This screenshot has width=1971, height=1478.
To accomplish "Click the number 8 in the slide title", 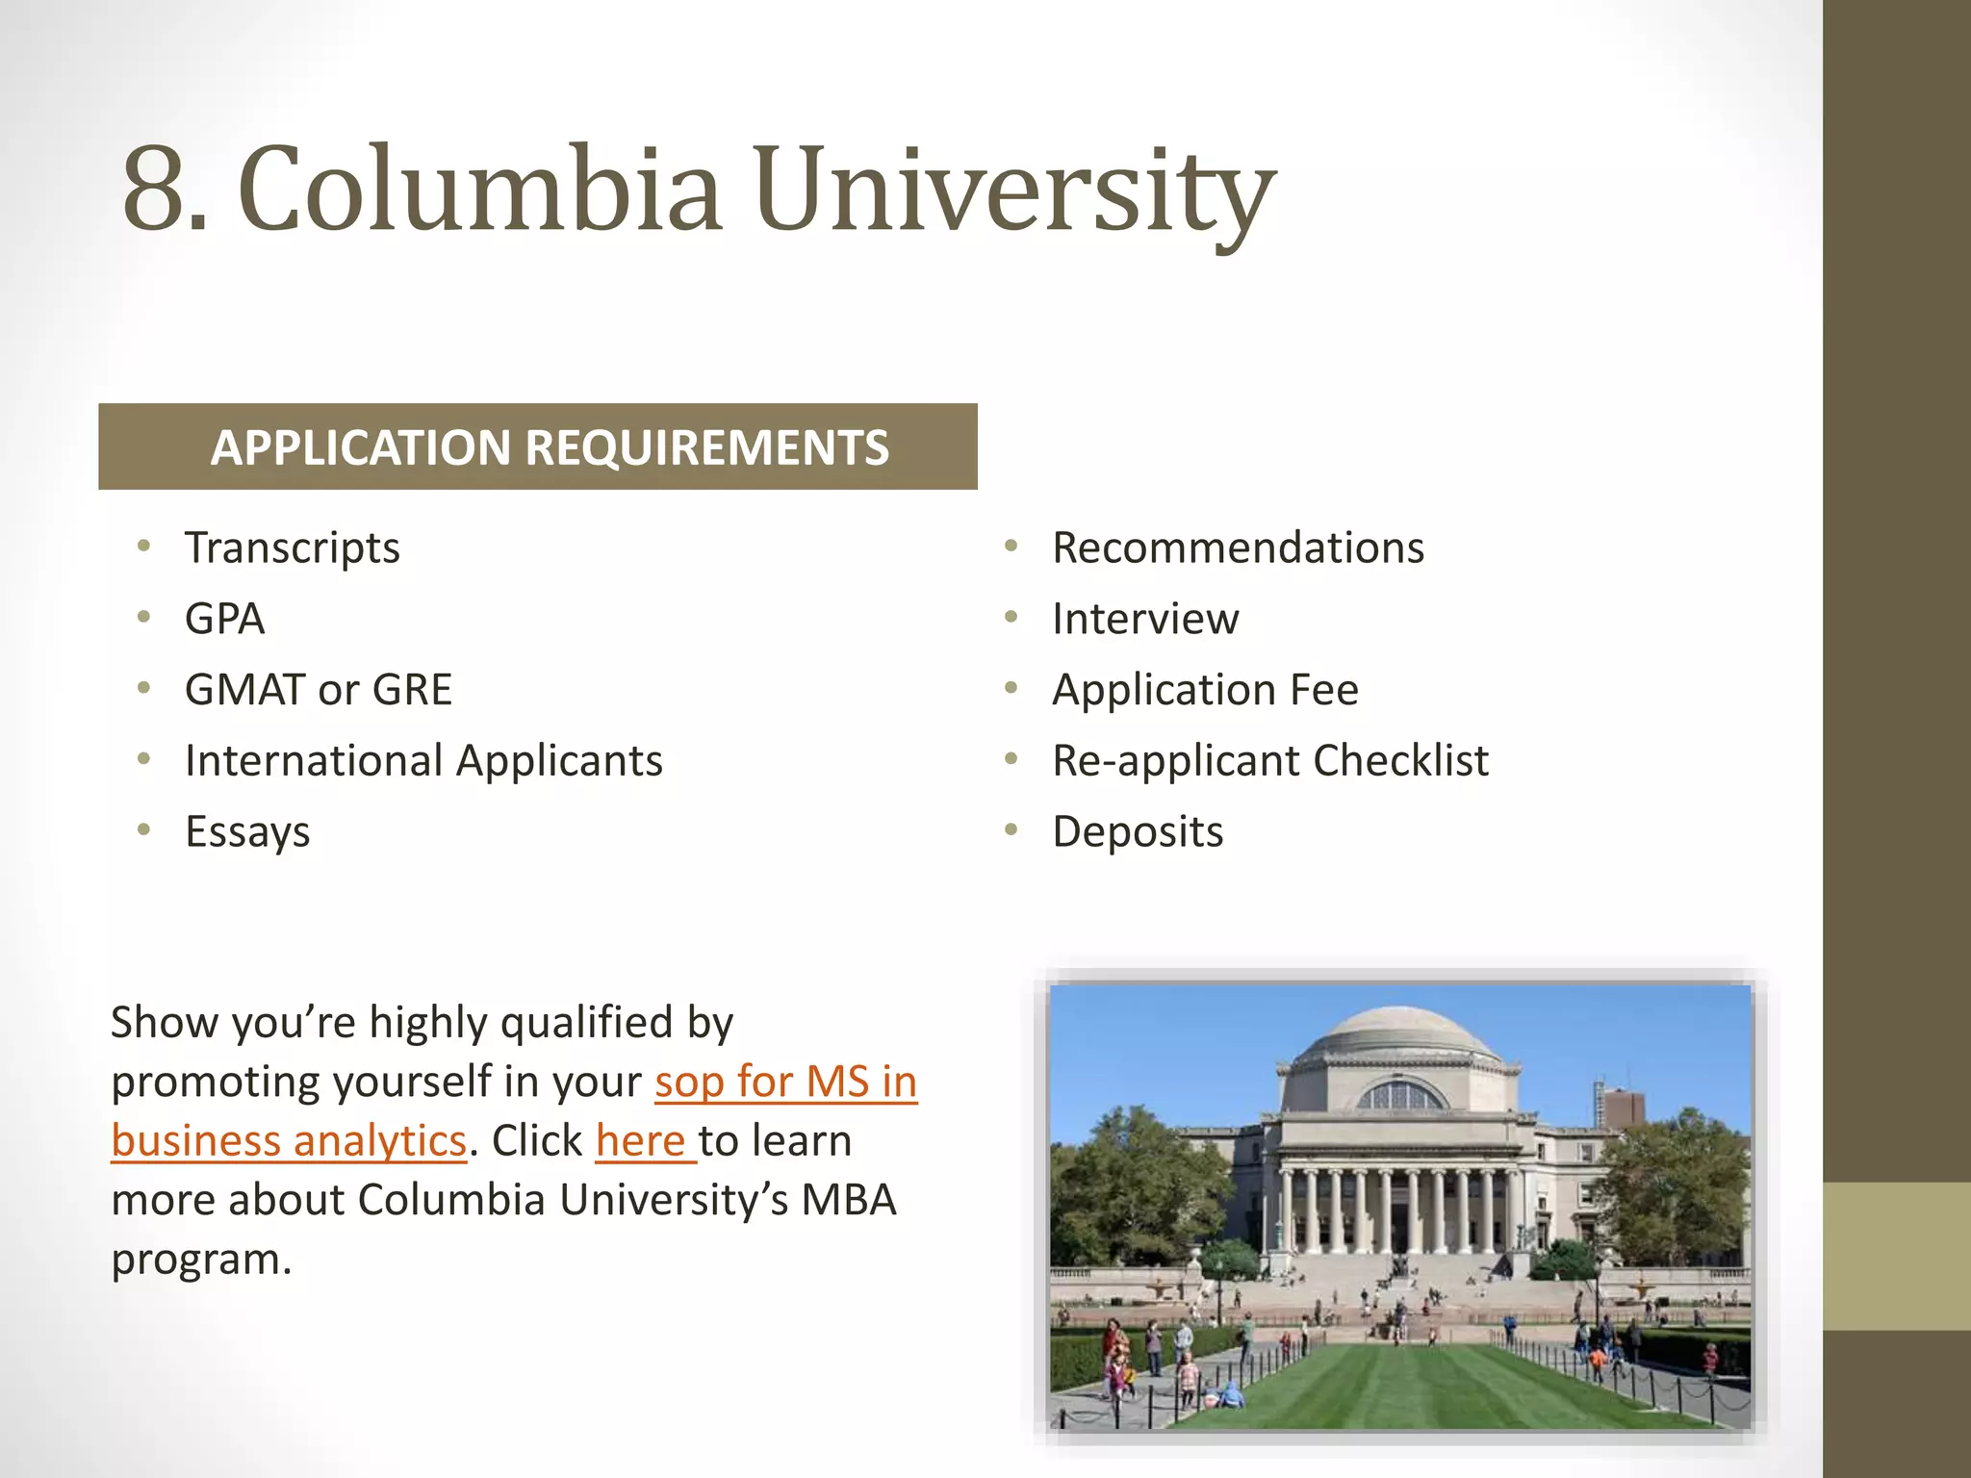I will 153,188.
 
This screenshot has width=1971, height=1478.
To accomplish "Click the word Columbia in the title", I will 478,188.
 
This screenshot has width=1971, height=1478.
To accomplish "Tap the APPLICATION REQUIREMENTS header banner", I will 538,447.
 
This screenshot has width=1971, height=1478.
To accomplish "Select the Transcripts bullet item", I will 292,548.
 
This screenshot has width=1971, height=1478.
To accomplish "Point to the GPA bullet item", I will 224,619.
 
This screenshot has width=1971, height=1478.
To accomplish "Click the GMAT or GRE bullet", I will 318,690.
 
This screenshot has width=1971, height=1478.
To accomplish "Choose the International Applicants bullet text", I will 423,760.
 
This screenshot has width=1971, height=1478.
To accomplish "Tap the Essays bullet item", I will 247,831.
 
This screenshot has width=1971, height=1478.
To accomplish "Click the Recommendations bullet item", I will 1238,548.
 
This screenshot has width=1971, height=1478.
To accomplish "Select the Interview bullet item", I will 1145,619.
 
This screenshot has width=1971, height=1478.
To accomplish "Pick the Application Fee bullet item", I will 1205,690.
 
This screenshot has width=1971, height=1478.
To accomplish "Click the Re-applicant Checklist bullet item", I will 1270,760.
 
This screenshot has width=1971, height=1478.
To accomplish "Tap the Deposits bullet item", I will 1138,831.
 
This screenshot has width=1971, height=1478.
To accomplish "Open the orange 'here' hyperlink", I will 641,1141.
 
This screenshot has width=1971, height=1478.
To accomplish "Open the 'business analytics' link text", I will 289,1141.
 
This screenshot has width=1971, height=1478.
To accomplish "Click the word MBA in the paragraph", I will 848,1200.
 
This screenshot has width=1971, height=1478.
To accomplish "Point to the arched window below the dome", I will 1401,1096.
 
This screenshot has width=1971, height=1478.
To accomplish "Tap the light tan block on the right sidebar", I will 1897,1256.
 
